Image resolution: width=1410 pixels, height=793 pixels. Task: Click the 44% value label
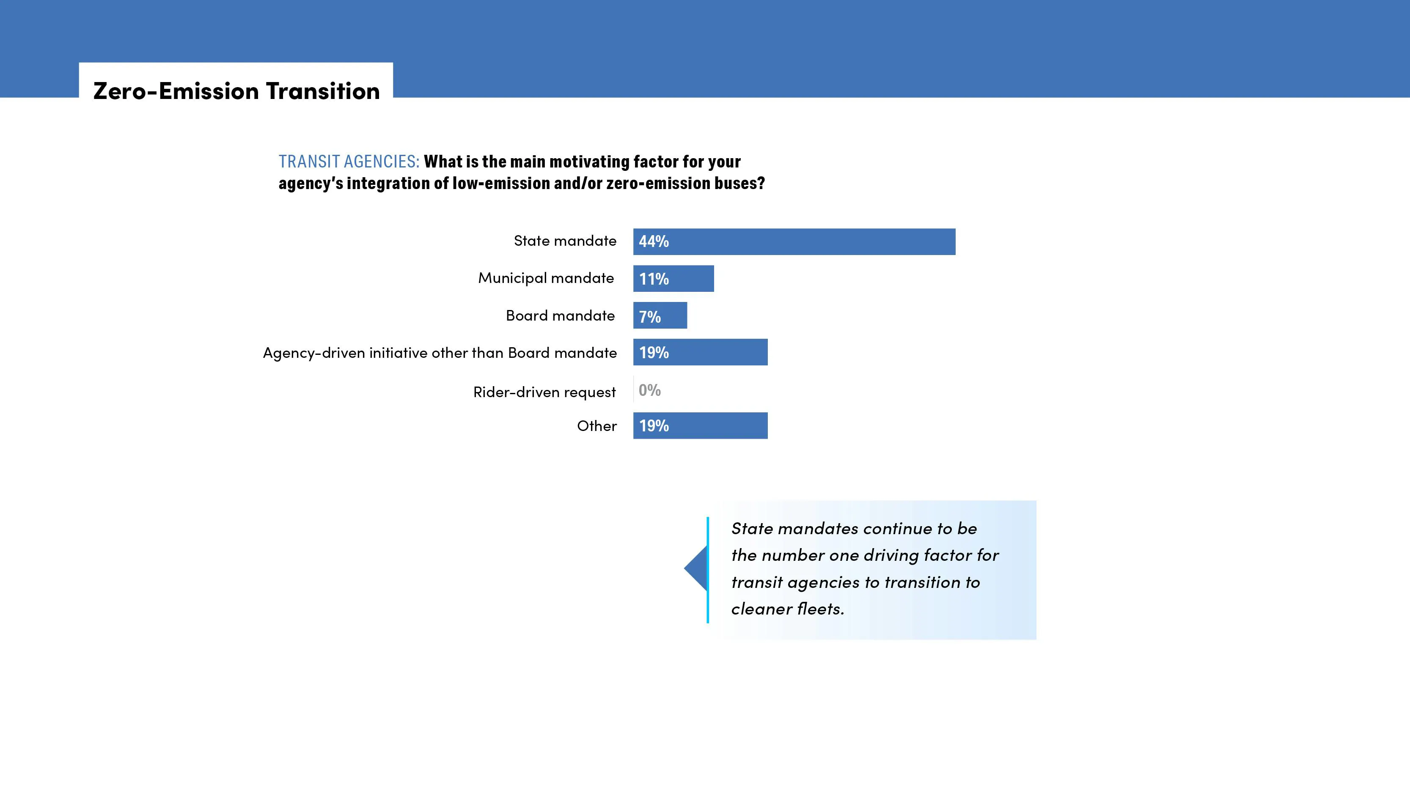[654, 241]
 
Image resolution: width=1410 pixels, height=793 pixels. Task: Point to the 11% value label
[654, 279]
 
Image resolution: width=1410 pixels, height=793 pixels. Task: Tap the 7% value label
[650, 317]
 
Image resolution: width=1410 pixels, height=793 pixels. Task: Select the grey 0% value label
[649, 390]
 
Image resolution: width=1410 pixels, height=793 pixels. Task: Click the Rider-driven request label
[544, 392]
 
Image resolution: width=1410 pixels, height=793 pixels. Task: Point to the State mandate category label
[565, 241]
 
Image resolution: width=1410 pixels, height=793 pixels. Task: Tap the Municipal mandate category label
[546, 278]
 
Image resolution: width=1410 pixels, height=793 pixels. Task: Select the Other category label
[596, 426]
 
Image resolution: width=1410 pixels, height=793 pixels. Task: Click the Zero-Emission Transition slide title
[236, 91]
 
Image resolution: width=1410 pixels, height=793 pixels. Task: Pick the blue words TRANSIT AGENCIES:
[349, 162]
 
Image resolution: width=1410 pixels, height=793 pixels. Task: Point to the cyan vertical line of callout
[708, 570]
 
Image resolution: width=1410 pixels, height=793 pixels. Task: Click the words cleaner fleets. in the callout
[788, 609]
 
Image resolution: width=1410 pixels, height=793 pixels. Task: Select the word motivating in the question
[589, 162]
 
